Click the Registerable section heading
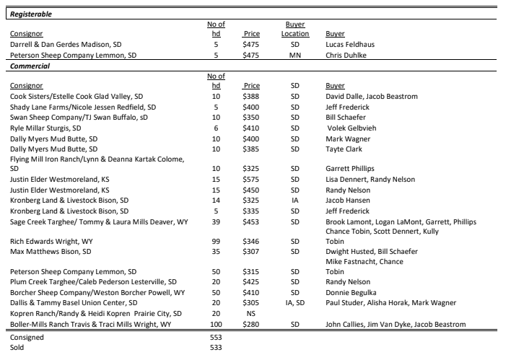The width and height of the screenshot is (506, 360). (30, 14)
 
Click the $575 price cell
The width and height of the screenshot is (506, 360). (251, 179)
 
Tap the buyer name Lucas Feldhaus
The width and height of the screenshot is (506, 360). (350, 45)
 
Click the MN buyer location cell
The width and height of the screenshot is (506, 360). (295, 55)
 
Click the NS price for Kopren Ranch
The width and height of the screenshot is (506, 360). (251, 314)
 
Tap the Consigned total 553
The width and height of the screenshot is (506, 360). (214, 336)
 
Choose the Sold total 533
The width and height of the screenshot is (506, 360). (214, 347)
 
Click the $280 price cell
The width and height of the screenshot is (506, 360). (251, 325)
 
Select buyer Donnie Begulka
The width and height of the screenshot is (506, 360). (352, 293)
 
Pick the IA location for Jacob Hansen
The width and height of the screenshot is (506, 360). (295, 200)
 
